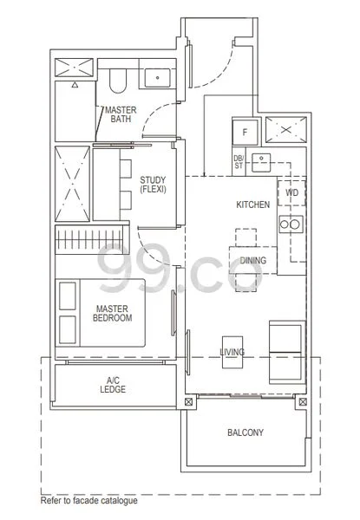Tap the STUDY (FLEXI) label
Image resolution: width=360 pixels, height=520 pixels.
click(153, 185)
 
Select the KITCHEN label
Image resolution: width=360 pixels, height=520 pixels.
click(253, 205)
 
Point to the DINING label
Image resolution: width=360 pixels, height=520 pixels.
click(253, 260)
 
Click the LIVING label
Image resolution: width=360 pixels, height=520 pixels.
click(232, 352)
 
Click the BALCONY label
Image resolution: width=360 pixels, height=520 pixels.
click(245, 432)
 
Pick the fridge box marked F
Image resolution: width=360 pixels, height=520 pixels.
click(245, 132)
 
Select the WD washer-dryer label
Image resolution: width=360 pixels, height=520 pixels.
click(291, 192)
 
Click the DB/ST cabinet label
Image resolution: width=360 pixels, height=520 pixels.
click(239, 161)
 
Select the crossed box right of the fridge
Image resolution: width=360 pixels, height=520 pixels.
click(284, 131)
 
